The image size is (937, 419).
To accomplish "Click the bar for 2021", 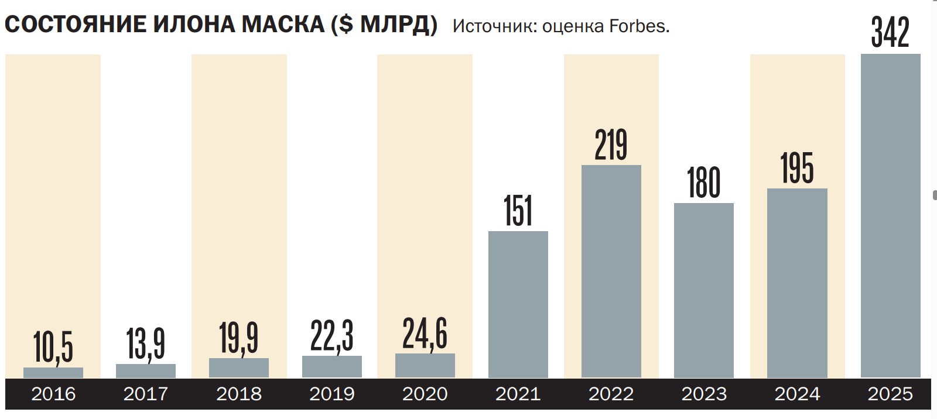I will [x=518, y=304].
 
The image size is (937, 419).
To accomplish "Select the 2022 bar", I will [x=611, y=272].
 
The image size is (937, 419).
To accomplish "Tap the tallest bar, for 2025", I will [x=890, y=217].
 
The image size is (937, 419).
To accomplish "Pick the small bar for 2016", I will [x=53, y=372].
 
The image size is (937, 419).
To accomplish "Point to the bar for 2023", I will [x=704, y=290].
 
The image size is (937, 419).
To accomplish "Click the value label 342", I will [x=890, y=33].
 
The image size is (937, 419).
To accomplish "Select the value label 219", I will [x=611, y=145].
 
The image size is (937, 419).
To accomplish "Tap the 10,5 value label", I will [x=53, y=346].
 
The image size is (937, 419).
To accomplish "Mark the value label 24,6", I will [x=425, y=334].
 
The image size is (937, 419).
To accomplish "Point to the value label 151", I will [x=518, y=211].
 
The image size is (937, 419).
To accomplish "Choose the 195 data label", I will [x=797, y=168].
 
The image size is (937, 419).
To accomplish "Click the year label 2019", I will [x=332, y=394].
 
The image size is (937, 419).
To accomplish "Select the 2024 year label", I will [x=797, y=394].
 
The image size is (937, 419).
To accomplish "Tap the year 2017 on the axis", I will [x=146, y=394].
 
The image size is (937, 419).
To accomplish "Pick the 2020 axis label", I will [x=425, y=394].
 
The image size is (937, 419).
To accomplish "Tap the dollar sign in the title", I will [x=346, y=25].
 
